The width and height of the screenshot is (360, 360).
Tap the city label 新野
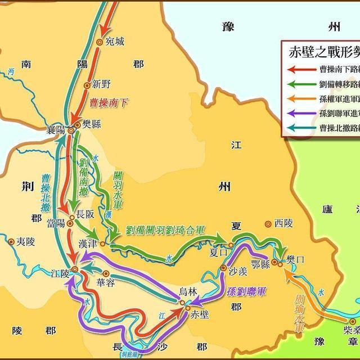[102, 85]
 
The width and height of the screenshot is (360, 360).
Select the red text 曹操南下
[109, 103]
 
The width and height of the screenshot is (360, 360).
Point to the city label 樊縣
[92, 124]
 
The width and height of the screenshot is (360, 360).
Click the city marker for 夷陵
[11, 241]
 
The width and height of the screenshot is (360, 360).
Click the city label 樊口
[295, 259]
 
